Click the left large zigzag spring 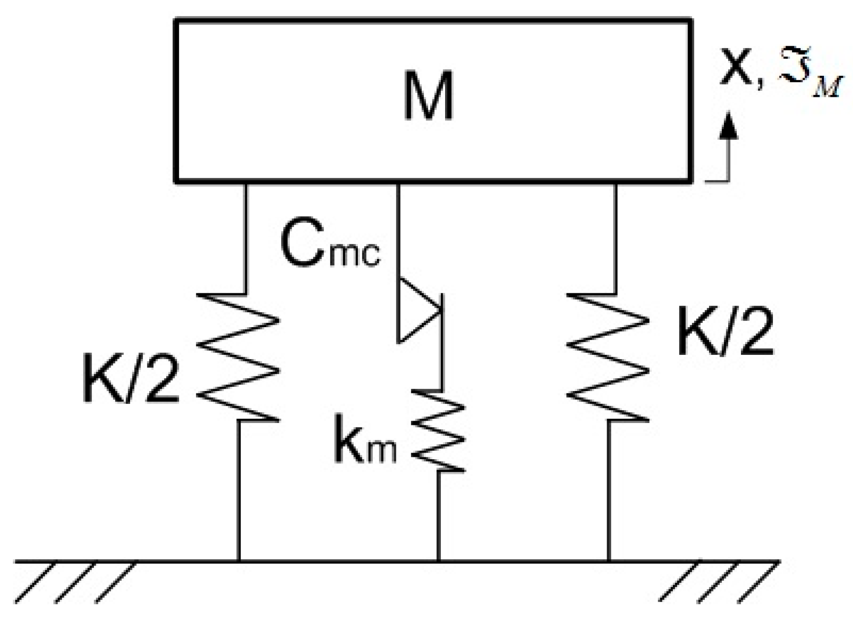238,357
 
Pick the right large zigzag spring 608,357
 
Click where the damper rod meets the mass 398,183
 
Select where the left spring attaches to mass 246,183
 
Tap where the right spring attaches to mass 616,183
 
